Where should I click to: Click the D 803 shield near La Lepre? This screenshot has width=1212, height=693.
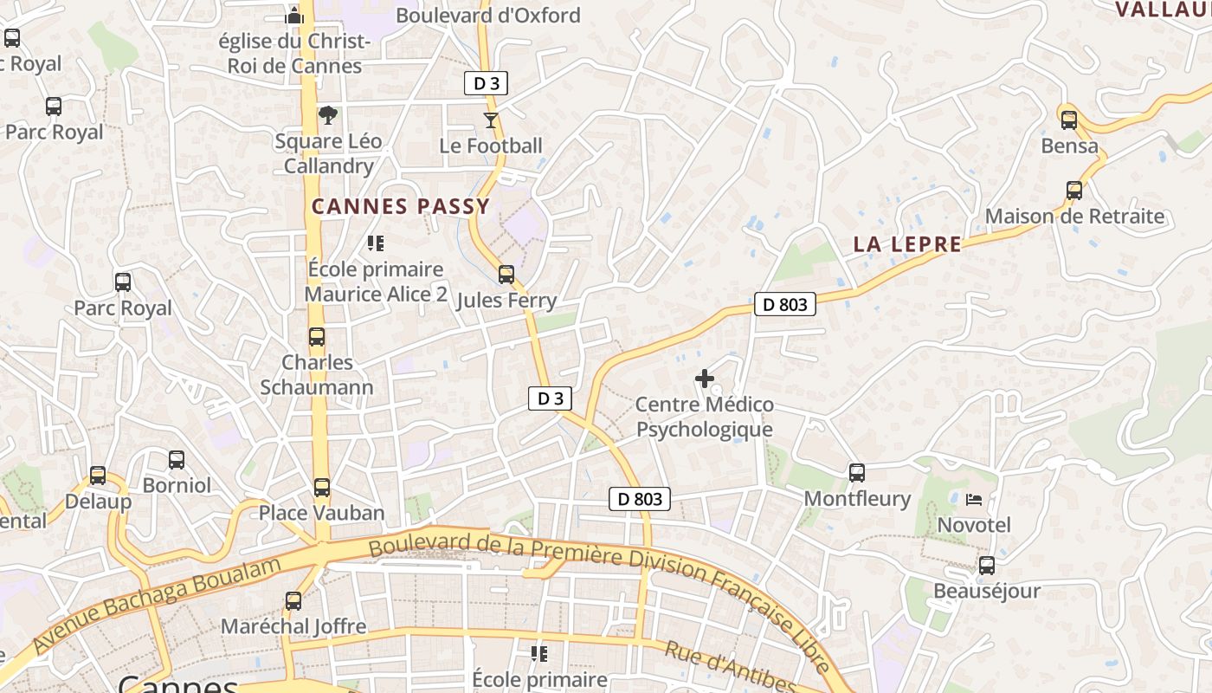pyautogui.click(x=784, y=304)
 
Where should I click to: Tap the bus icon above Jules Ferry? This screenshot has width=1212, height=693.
pyautogui.click(x=506, y=275)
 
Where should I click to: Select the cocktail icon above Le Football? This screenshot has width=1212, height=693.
pyautogui.click(x=491, y=120)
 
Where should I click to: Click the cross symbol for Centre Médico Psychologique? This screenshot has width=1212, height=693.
pyautogui.click(x=705, y=379)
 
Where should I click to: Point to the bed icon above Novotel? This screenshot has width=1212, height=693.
pyautogui.click(x=974, y=500)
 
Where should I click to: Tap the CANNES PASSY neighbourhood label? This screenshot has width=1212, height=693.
pyautogui.click(x=401, y=206)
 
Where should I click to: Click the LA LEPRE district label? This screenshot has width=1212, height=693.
pyautogui.click(x=907, y=244)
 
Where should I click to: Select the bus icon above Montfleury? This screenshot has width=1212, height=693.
pyautogui.click(x=857, y=472)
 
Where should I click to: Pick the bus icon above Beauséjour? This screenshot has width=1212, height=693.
pyautogui.click(x=986, y=566)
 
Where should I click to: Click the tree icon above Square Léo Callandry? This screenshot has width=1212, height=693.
pyautogui.click(x=328, y=114)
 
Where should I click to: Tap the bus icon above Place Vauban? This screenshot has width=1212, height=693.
pyautogui.click(x=322, y=487)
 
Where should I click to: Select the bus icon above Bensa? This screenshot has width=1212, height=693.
pyautogui.click(x=1069, y=120)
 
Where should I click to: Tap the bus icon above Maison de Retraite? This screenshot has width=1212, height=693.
pyautogui.click(x=1074, y=190)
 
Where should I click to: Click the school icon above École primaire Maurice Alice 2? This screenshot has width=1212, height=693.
pyautogui.click(x=375, y=243)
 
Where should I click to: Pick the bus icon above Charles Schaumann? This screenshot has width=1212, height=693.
pyautogui.click(x=317, y=337)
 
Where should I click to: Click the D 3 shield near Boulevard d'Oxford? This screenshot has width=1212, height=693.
pyautogui.click(x=486, y=83)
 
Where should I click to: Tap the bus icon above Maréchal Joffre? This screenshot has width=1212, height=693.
pyautogui.click(x=293, y=600)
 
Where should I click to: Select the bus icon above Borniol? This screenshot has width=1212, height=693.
pyautogui.click(x=177, y=459)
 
